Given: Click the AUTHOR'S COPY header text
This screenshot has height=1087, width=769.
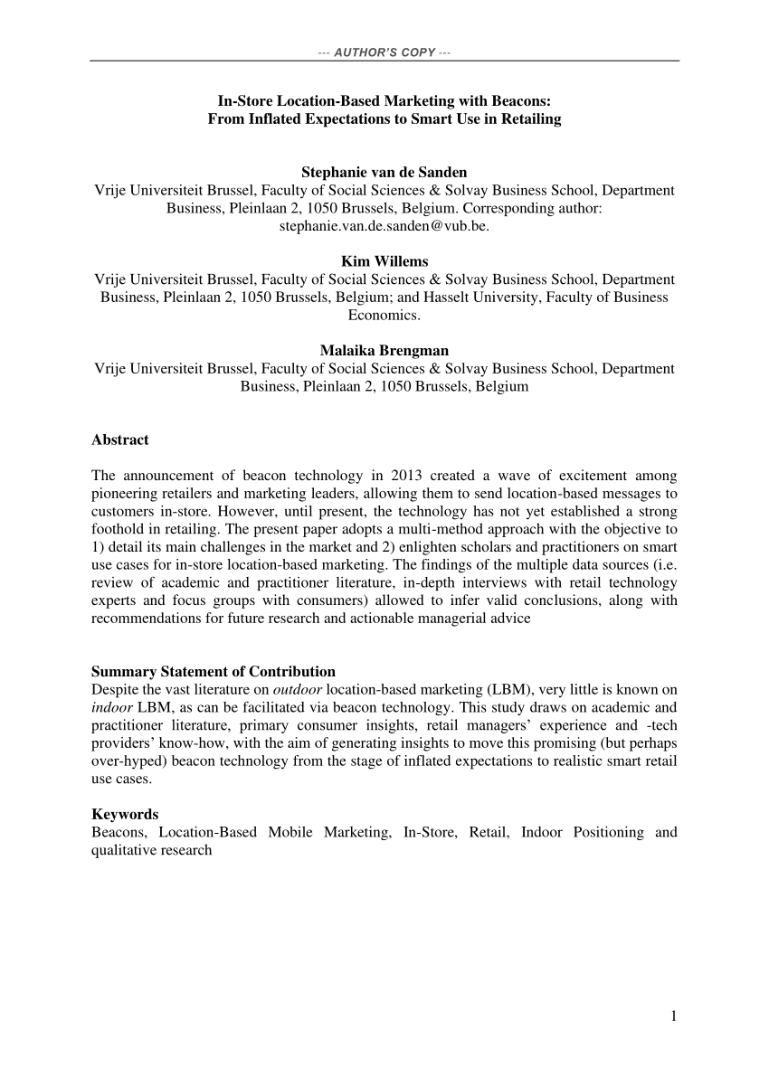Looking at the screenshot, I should click(x=384, y=52).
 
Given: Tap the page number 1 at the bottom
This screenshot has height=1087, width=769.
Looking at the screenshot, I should click(x=673, y=1016).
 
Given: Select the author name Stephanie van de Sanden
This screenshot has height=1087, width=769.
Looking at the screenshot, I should click(x=384, y=173).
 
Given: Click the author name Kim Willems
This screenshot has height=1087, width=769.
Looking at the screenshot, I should click(x=384, y=262).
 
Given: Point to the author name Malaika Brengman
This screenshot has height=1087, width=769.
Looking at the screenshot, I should click(x=384, y=351).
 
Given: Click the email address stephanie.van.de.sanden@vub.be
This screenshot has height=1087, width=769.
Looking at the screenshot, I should click(x=384, y=226).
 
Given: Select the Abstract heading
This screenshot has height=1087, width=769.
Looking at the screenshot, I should click(x=120, y=440).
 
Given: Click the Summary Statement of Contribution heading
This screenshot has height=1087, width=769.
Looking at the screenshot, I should click(x=214, y=671).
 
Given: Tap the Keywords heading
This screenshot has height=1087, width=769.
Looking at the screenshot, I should click(x=125, y=814).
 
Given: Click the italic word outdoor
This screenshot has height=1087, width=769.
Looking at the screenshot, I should click(x=299, y=689).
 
